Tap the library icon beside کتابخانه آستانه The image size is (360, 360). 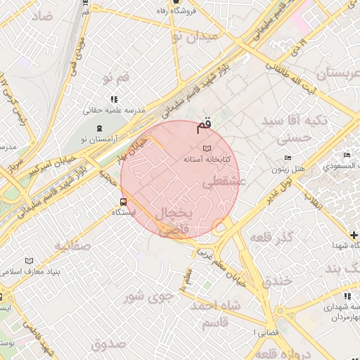point(206,148)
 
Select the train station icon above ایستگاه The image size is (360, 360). point(124,202)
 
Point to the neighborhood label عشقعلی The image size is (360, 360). point(223,181)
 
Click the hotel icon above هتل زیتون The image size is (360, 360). point(286,159)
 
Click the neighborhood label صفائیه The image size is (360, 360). point(72,245)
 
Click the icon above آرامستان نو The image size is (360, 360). point(99,128)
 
